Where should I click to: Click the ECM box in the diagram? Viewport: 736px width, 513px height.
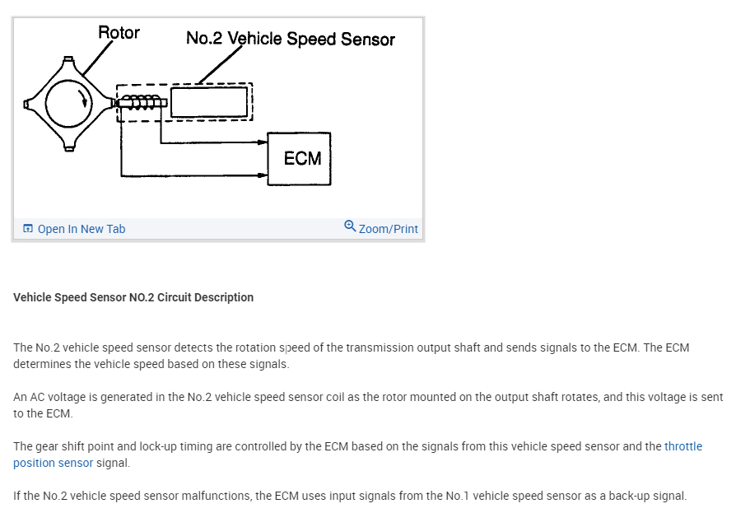tap(299, 158)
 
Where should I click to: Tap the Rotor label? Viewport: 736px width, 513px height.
tap(119, 33)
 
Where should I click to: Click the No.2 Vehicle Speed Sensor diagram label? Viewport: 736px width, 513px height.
tap(290, 39)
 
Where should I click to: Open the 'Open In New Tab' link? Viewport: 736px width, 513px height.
tap(81, 229)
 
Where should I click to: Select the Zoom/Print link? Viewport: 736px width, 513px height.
tap(388, 229)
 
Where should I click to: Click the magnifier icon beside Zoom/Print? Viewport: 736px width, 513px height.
tap(350, 226)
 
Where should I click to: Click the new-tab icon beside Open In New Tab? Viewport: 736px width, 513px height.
tap(28, 229)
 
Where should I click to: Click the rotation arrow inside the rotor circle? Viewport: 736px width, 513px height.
tap(82, 101)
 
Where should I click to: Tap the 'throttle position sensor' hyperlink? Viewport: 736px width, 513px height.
tap(683, 446)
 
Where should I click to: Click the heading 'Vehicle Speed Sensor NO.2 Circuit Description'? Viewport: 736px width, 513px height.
tap(133, 297)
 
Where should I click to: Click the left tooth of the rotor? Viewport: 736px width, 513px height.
tap(28, 104)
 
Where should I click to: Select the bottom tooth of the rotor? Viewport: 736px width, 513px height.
tap(69, 146)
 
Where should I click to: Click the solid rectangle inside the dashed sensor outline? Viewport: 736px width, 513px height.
tap(208, 103)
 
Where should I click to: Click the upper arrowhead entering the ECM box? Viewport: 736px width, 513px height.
tap(263, 143)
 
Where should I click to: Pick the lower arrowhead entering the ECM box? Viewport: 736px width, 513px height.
tap(263, 175)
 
